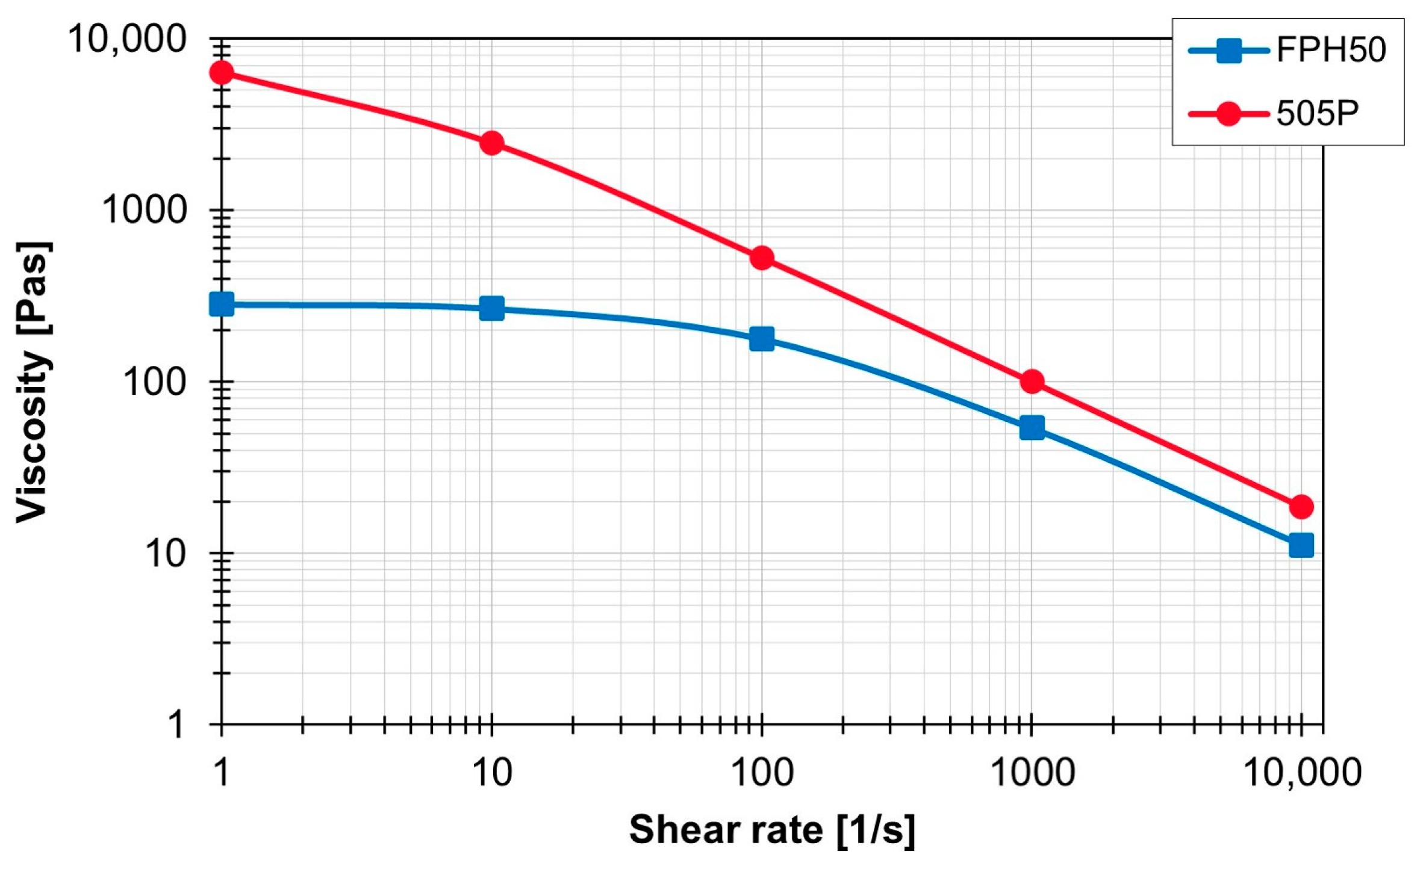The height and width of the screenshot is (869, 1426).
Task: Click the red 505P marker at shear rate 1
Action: pyautogui.click(x=222, y=73)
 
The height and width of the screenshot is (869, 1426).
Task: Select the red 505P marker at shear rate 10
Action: pyautogui.click(x=491, y=143)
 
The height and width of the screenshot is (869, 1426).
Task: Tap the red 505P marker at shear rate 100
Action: pyautogui.click(x=762, y=258)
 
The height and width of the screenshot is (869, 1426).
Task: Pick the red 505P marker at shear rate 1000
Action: pyautogui.click(x=1032, y=382)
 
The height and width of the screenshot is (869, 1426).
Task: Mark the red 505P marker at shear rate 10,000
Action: pyautogui.click(x=1301, y=507)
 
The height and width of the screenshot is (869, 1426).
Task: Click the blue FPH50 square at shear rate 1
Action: pyautogui.click(x=222, y=305)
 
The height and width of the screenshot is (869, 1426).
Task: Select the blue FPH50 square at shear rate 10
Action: pyautogui.click(x=491, y=309)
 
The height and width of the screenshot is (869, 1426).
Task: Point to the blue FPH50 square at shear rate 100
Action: pyautogui.click(x=762, y=339)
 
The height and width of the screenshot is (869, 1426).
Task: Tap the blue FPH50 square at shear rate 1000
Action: pyautogui.click(x=1032, y=428)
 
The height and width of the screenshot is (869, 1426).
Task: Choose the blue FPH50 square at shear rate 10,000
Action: pyautogui.click(x=1301, y=545)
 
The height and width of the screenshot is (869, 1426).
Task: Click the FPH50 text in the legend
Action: pyautogui.click(x=1331, y=50)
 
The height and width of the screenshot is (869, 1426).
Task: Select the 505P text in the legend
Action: pyautogui.click(x=1318, y=113)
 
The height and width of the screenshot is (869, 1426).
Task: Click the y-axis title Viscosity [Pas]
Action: pyautogui.click(x=33, y=383)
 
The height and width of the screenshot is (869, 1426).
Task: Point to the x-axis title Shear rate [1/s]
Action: pyautogui.click(x=772, y=830)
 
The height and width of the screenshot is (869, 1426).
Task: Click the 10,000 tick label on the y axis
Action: pyautogui.click(x=126, y=39)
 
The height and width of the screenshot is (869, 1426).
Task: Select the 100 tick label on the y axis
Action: pyautogui.click(x=154, y=382)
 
